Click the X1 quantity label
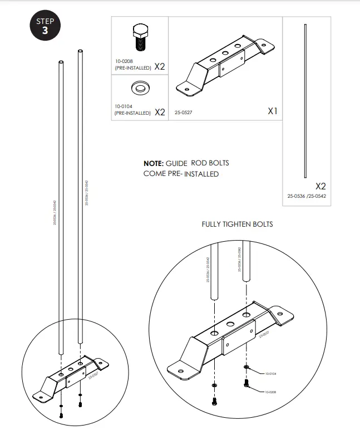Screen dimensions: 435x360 [272, 111]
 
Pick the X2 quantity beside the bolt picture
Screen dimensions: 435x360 [160, 67]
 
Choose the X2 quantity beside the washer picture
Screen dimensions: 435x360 [160, 112]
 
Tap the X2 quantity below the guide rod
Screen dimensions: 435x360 [320, 186]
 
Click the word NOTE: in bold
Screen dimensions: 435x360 [154, 163]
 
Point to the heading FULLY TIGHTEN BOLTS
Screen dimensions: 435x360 [237, 224]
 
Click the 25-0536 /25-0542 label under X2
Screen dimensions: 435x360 [307, 197]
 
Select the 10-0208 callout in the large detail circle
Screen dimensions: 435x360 [271, 392]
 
